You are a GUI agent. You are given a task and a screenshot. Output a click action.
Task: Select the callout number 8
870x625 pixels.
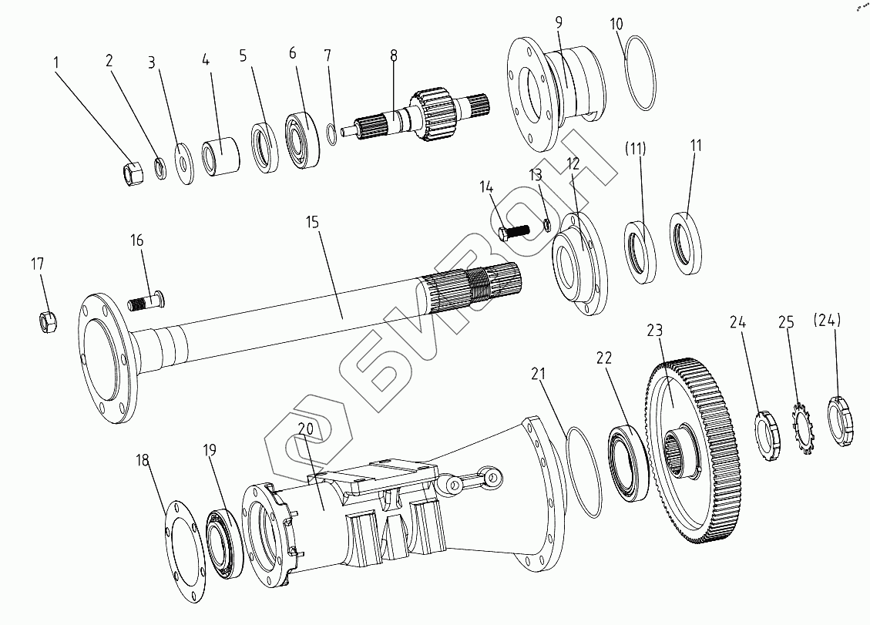(394, 55)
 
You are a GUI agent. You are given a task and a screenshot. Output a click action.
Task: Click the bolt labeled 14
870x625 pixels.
(512, 232)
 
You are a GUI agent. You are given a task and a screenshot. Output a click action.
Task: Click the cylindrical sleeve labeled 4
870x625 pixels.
(221, 156)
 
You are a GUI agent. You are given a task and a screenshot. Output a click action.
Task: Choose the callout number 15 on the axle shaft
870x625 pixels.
(313, 222)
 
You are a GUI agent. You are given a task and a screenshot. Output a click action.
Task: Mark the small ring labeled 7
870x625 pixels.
(331, 134)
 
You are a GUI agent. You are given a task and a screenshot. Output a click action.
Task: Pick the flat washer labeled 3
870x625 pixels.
(184, 163)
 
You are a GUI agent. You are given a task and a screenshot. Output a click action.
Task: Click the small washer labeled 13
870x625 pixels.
(546, 225)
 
